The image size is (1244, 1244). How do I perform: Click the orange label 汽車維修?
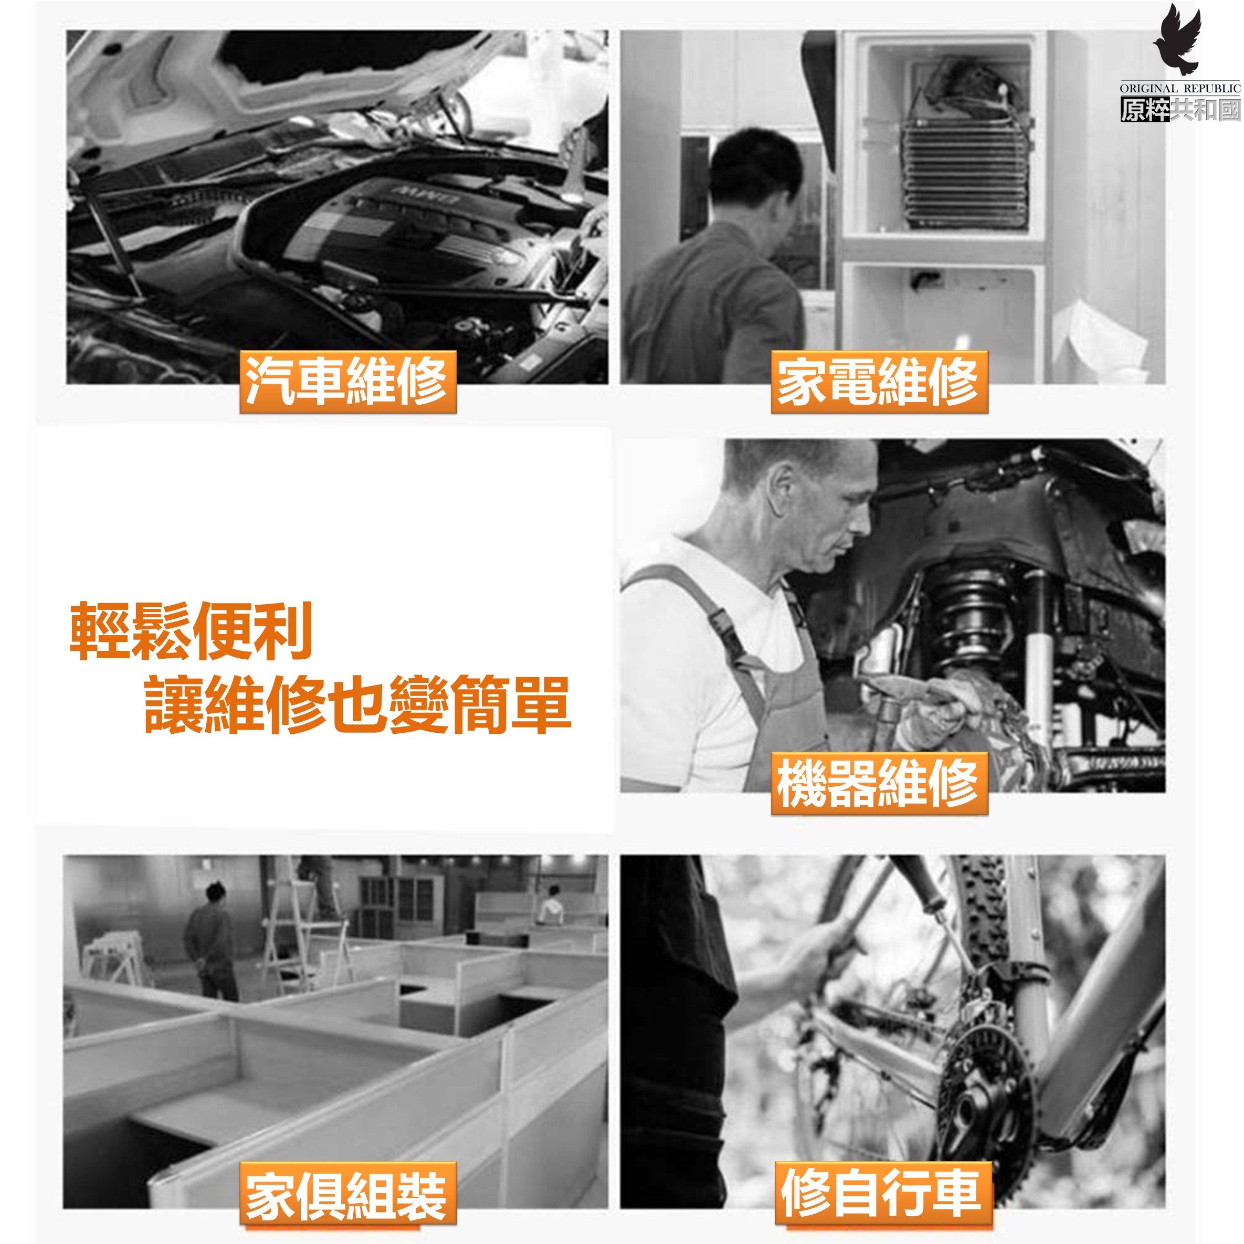pos(349,382)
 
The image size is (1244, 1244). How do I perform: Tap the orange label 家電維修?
pos(880,382)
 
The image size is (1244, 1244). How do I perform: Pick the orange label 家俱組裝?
pos(349,1193)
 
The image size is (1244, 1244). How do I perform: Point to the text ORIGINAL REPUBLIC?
pos(1179,88)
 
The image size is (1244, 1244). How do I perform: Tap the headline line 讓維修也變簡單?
pos(358,704)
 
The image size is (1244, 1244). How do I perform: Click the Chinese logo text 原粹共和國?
pos(1179,110)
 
